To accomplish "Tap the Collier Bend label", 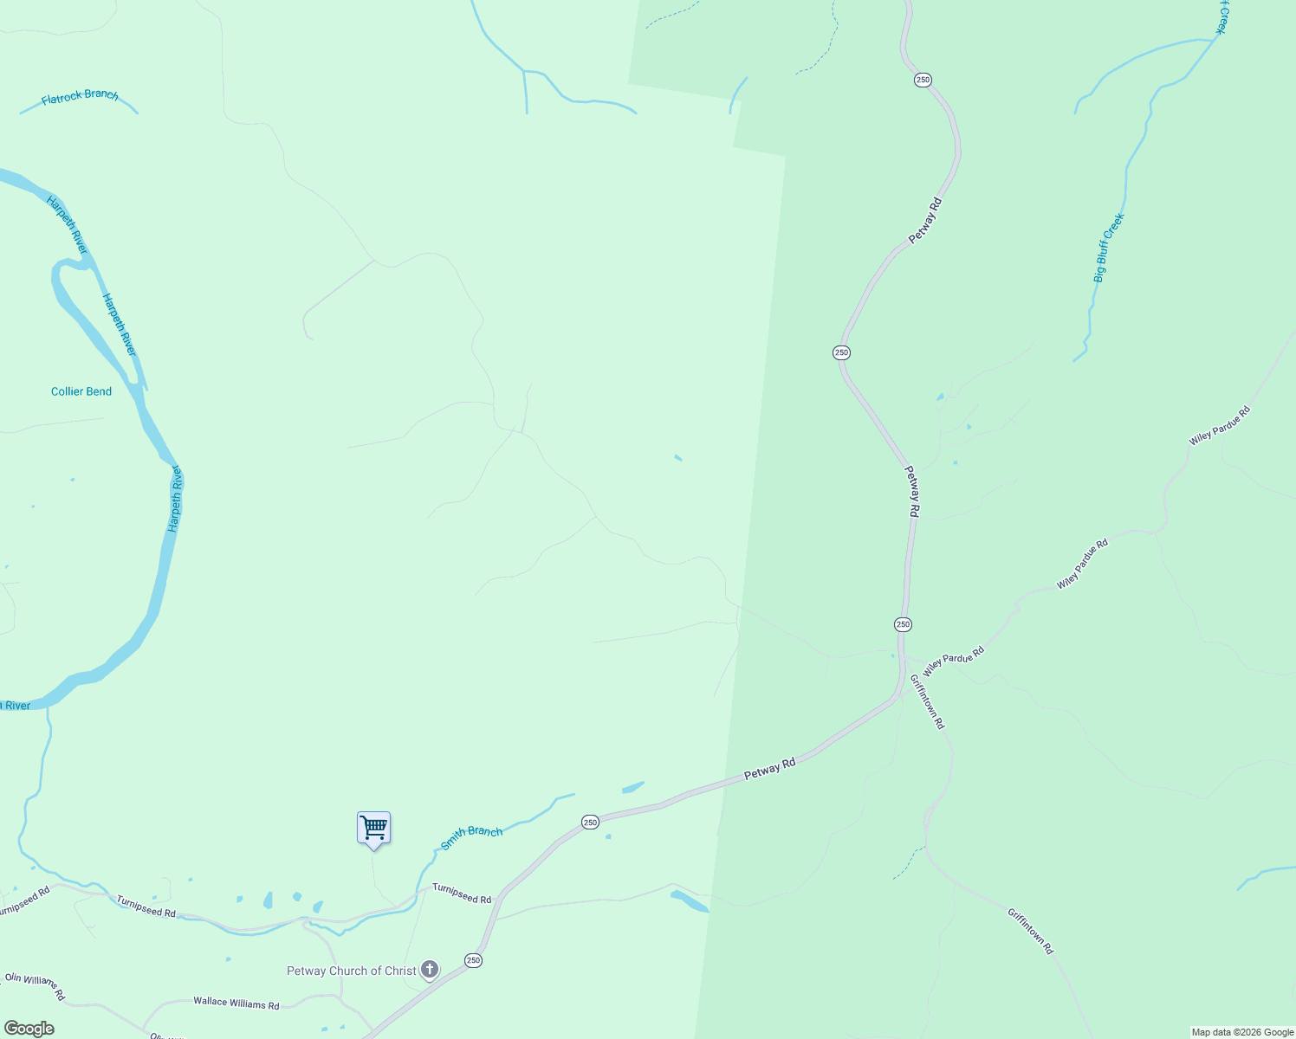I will tap(81, 391).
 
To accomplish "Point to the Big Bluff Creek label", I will tap(1108, 248).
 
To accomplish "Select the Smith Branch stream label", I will tap(471, 837).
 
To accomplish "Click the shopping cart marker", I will tap(373, 828).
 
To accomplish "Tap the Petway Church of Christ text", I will tap(352, 971).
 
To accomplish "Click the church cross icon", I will tap(430, 970).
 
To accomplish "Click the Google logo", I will tap(29, 1029).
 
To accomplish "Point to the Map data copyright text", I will tap(1242, 1032).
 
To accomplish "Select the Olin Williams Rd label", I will tap(35, 986).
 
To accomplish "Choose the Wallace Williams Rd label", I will tap(237, 1003).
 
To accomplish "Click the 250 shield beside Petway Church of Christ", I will tap(473, 960).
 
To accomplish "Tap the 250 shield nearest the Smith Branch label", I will tap(590, 822).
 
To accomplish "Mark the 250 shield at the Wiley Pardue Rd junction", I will tap(903, 624).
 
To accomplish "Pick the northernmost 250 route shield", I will tap(923, 80).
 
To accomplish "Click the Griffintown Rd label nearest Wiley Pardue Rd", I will tap(928, 701).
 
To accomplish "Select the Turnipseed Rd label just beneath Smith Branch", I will tap(462, 894).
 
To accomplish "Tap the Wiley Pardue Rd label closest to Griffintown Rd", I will tap(954, 661).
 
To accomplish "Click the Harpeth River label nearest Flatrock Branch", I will tap(68, 225).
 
